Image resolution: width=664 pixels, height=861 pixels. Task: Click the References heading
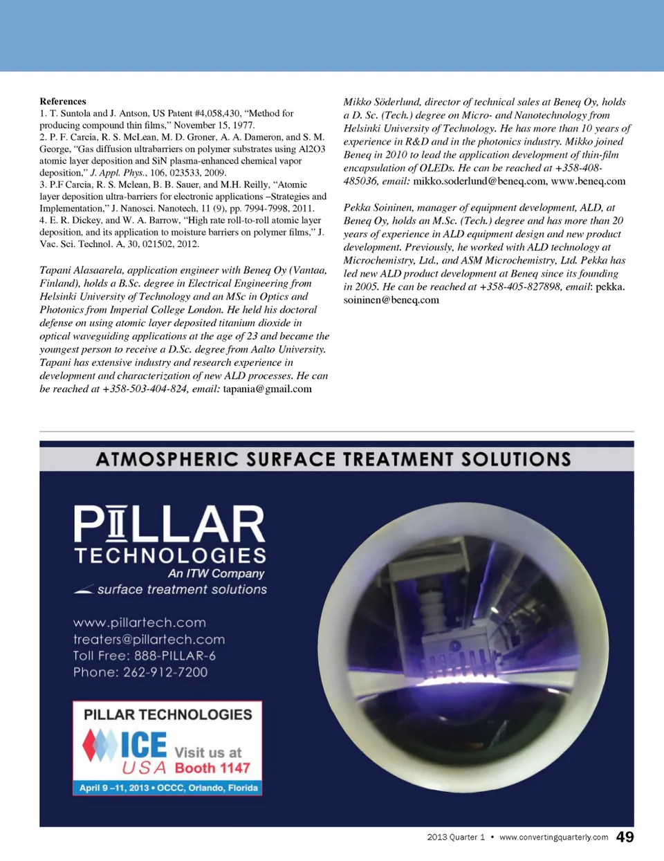pos(63,101)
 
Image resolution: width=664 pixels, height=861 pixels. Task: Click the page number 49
pos(625,837)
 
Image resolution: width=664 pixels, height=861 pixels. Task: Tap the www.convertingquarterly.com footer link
pos(553,837)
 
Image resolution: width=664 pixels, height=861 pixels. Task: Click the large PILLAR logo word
pos(169,524)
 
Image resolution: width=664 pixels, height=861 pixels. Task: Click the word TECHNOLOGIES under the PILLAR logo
pos(170,556)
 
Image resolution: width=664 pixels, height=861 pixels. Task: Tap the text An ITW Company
pos(216,573)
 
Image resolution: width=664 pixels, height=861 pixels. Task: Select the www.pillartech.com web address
pos(140,622)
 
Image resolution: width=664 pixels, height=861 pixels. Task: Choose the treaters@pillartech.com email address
pos(149,639)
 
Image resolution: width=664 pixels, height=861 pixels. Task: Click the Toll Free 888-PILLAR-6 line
pos(145,656)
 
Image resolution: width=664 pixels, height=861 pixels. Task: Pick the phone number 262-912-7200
pos(165,672)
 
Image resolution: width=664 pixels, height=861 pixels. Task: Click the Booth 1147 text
pos(212,768)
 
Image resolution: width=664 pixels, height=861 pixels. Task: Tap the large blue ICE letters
pos(143,745)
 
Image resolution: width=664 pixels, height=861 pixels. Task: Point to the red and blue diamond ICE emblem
pos(100,745)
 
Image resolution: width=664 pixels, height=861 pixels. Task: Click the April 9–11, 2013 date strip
pos(168,788)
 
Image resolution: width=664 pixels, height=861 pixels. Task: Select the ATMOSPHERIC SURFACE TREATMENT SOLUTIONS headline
pos(333,459)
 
